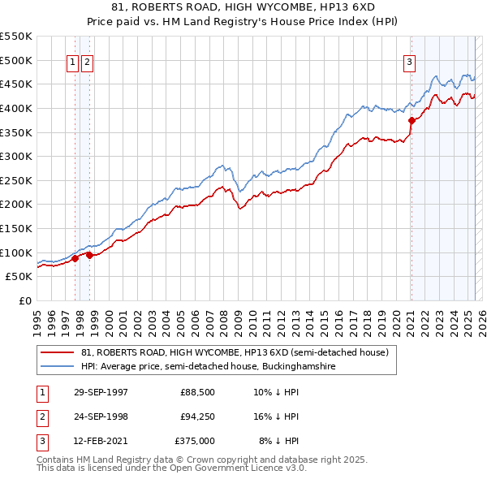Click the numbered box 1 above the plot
point(72,61)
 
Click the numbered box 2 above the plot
point(87,61)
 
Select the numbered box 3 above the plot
point(410,61)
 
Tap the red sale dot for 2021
point(412,120)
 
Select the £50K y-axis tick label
point(19,277)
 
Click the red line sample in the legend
point(57,353)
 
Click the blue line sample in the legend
point(57,367)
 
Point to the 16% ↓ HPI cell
point(276,416)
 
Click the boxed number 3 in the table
point(41,441)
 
